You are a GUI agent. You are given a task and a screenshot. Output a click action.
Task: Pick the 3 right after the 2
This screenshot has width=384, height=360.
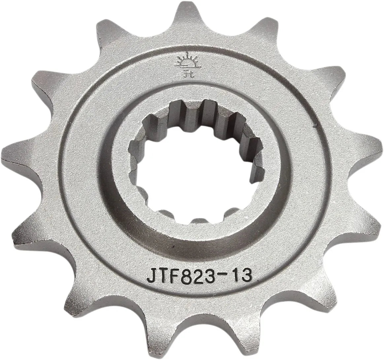[213, 276]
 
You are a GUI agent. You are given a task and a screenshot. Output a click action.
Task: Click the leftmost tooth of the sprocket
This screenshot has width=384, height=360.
[13, 153]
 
